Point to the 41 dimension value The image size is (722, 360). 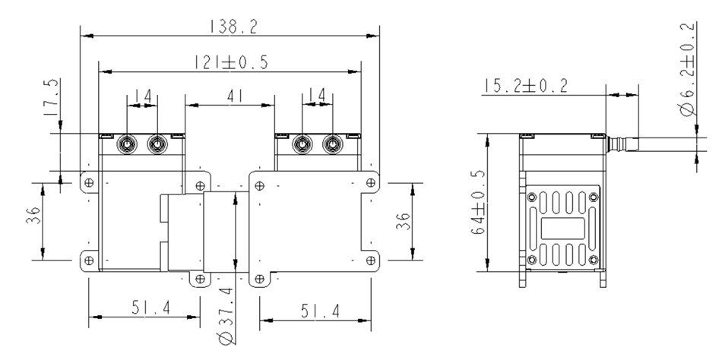(x=230, y=96)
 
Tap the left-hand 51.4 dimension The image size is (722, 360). (x=144, y=308)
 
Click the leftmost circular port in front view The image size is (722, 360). (x=125, y=143)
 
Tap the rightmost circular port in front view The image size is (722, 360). (x=333, y=143)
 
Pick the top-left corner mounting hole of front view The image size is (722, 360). (x=89, y=182)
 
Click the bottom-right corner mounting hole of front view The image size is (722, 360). (x=372, y=261)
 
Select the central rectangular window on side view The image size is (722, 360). (x=564, y=229)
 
